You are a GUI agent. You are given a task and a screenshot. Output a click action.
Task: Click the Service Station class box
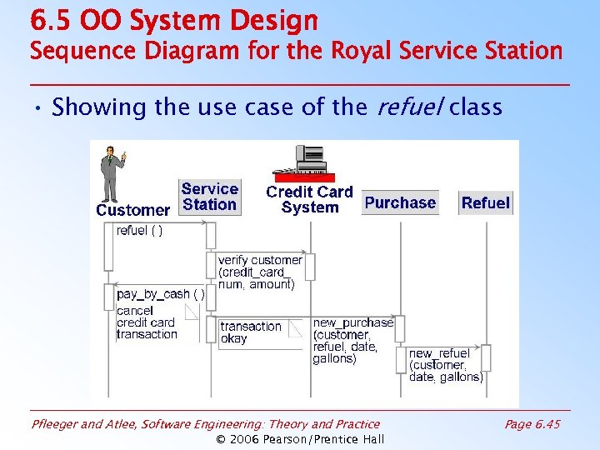[x=210, y=197]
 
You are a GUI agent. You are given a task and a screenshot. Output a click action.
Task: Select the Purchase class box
[x=400, y=202]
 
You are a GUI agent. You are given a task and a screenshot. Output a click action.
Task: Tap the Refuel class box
[x=485, y=202]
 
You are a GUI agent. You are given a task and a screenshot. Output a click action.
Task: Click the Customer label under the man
[x=132, y=210]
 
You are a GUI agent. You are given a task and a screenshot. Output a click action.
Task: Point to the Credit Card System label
[x=309, y=200]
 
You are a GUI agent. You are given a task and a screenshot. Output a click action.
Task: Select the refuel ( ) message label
[x=140, y=231]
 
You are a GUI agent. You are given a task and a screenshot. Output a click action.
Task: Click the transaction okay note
[x=250, y=332]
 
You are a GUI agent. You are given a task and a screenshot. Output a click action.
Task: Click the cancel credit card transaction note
[x=147, y=322]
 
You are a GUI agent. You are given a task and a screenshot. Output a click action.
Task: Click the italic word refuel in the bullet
[x=407, y=107]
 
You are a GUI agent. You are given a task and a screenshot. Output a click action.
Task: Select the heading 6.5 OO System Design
[x=173, y=20]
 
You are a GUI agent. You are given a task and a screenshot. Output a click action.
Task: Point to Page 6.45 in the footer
[x=532, y=424]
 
